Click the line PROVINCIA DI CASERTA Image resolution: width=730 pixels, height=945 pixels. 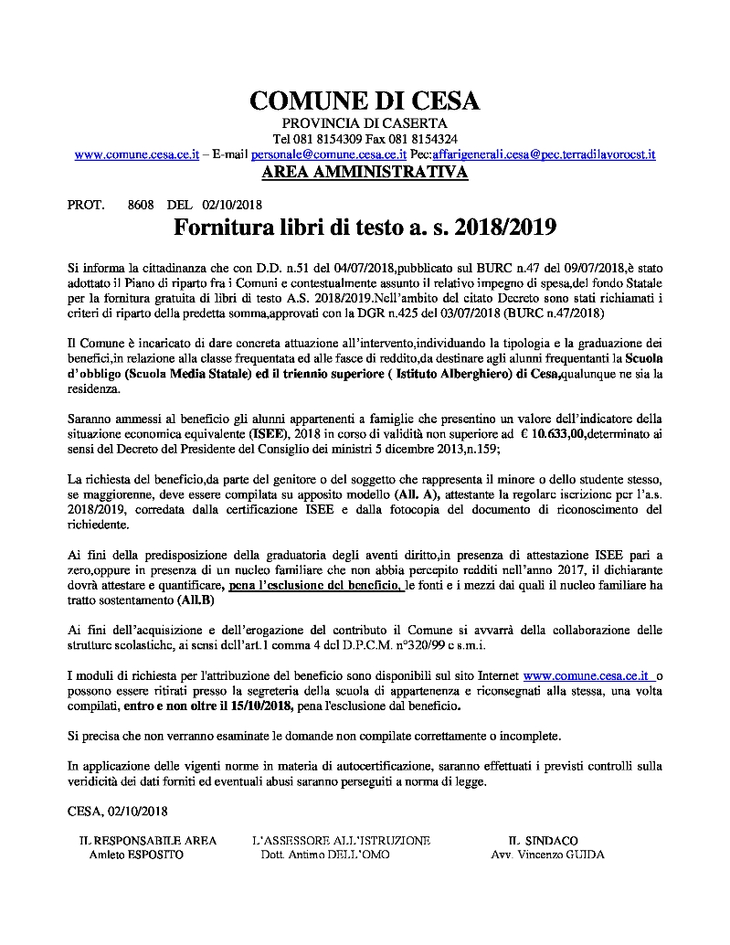(x=365, y=122)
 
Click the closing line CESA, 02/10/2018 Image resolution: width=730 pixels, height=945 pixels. (x=118, y=810)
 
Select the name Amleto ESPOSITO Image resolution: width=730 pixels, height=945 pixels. (x=136, y=855)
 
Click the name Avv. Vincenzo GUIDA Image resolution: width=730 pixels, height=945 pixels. (x=547, y=855)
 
